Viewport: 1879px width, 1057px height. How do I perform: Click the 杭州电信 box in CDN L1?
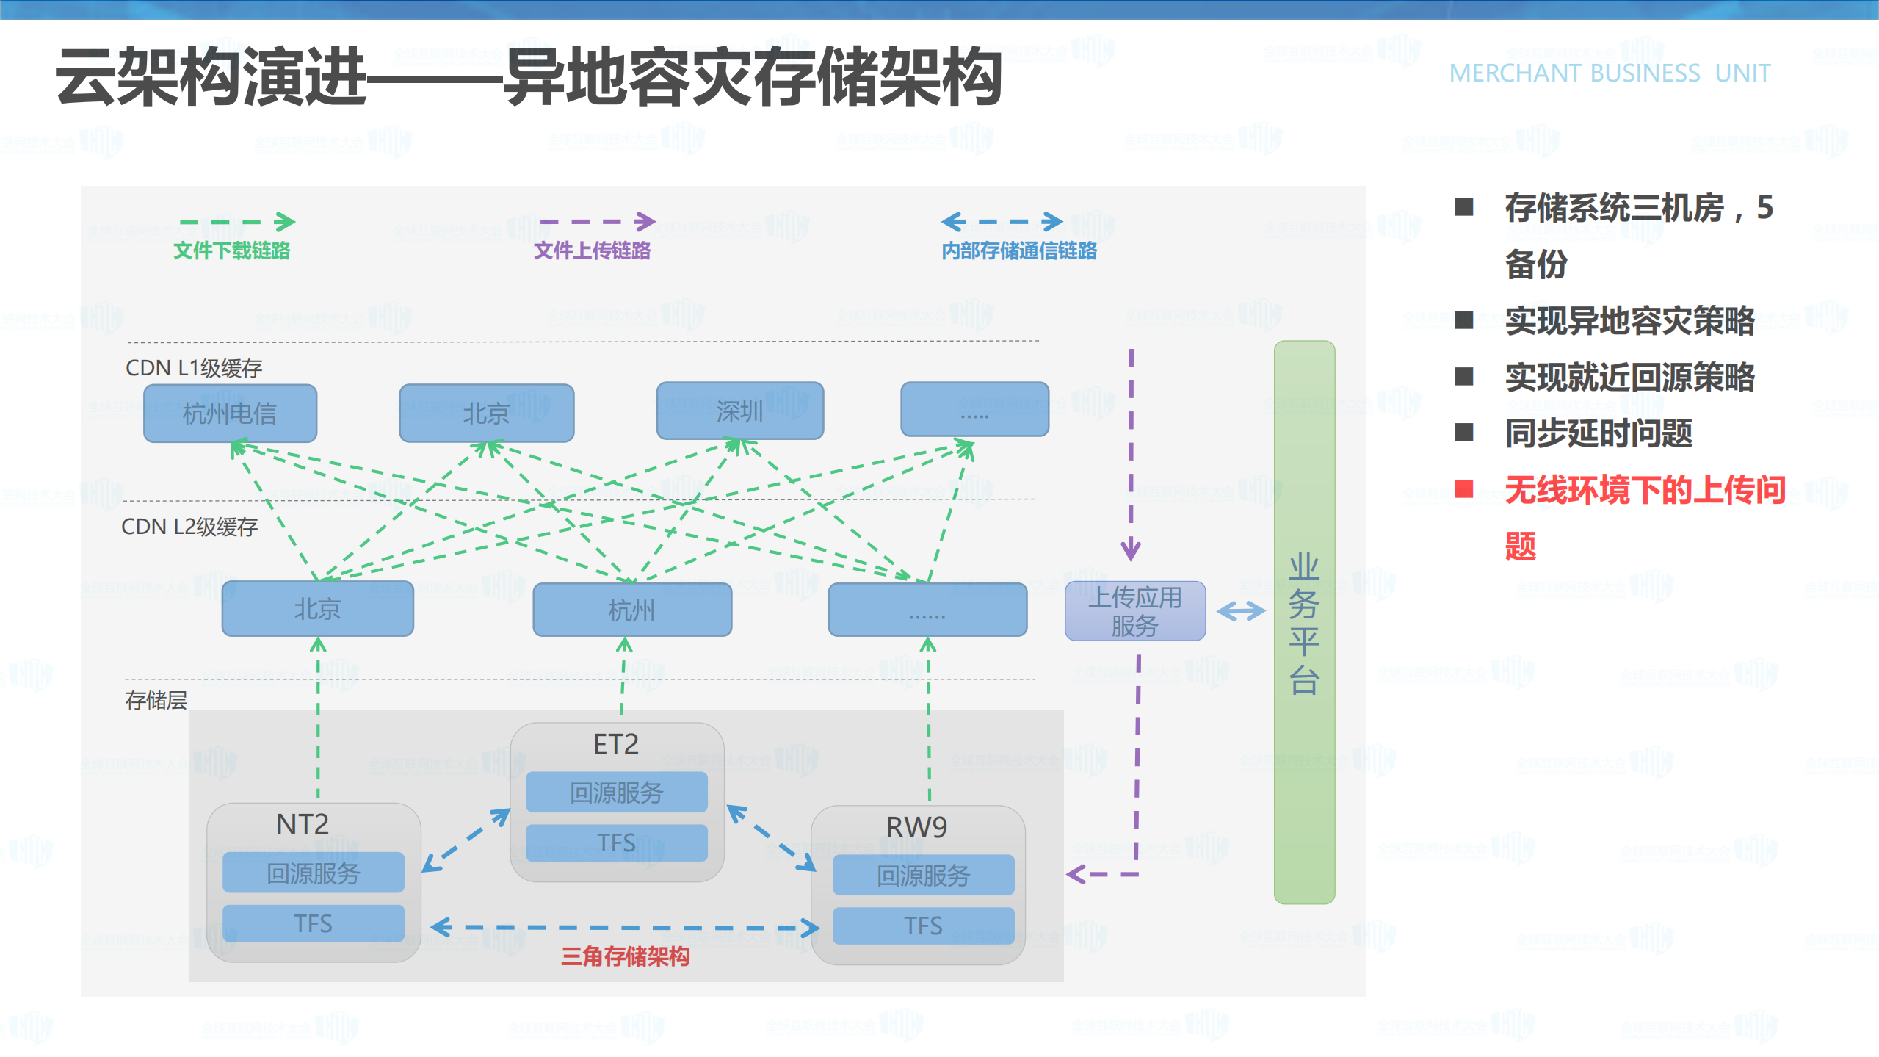pyautogui.click(x=230, y=413)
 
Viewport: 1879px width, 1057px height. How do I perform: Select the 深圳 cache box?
pyautogui.click(x=739, y=411)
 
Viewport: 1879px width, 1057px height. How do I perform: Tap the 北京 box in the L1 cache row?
pyautogui.click(x=486, y=413)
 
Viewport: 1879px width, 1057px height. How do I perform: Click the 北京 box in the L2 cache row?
pyautogui.click(x=317, y=608)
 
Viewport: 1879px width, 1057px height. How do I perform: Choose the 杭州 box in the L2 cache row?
pyautogui.click(x=631, y=610)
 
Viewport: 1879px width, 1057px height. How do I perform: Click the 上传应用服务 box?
pyautogui.click(x=1134, y=611)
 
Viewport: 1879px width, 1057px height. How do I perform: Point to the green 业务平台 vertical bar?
pyautogui.click(x=1304, y=621)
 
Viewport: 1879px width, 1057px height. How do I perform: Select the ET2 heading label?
pyautogui.click(x=615, y=744)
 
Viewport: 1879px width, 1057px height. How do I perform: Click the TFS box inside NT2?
pyautogui.click(x=313, y=923)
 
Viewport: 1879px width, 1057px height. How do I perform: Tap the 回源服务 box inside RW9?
pyautogui.click(x=923, y=875)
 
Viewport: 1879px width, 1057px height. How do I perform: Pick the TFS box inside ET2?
pyautogui.click(x=615, y=842)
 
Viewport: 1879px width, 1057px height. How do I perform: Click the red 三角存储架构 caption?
pyautogui.click(x=625, y=956)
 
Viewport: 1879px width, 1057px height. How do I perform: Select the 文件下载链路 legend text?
pyautogui.click(x=231, y=250)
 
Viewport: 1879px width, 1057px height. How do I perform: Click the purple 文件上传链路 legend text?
pyautogui.click(x=592, y=250)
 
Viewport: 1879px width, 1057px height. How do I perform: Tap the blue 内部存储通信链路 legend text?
pyautogui.click(x=1019, y=250)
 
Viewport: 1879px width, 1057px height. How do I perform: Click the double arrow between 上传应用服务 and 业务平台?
pyautogui.click(x=1241, y=610)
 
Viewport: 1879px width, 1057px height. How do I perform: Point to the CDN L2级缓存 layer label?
pyautogui.click(x=189, y=526)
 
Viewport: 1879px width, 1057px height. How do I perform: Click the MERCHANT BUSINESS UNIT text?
pyautogui.click(x=1610, y=73)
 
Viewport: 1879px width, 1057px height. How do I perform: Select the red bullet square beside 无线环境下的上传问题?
pyautogui.click(x=1464, y=488)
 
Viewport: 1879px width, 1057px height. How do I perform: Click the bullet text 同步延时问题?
pyautogui.click(x=1599, y=433)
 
